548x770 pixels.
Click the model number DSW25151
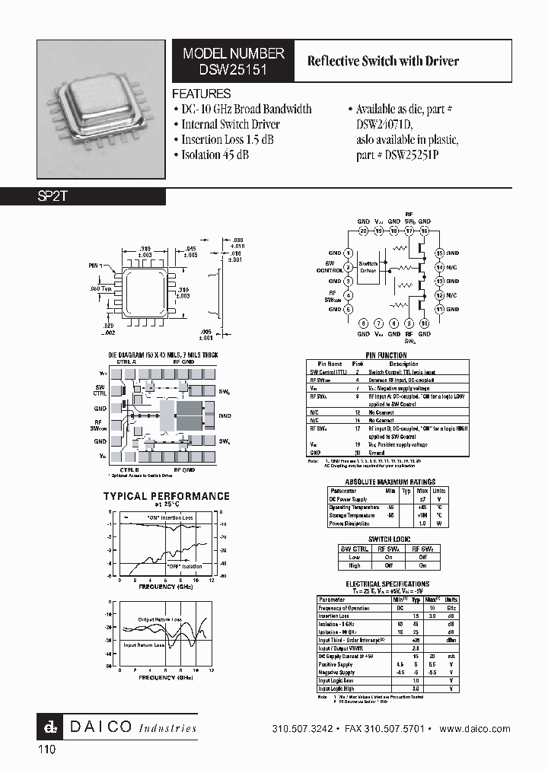coord(234,68)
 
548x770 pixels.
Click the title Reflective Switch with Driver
coord(382,61)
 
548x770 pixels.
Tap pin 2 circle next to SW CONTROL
coord(348,267)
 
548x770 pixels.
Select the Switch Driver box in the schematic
coord(368,266)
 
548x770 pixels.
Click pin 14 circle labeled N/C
coord(439,267)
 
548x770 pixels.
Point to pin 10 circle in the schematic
coord(424,323)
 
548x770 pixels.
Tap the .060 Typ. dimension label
coord(100,289)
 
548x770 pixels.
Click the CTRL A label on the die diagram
coord(126,363)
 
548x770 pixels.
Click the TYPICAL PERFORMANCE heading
coord(166,496)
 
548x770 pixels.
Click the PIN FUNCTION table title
coord(386,355)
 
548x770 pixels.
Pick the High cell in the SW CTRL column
coord(355,565)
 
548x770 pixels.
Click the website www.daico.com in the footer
coord(475,728)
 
